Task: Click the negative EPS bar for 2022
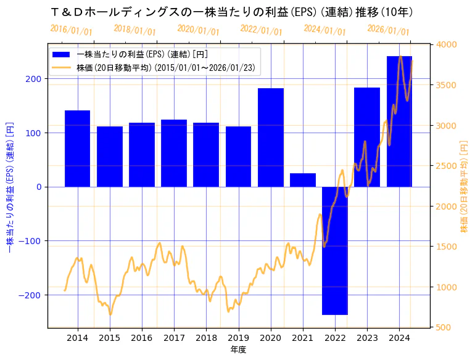point(335,250)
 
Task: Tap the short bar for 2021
point(303,180)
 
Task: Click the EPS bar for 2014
point(78,149)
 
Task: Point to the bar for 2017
point(174,153)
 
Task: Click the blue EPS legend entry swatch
point(62,54)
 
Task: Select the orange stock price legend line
point(62,68)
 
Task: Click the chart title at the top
point(231,12)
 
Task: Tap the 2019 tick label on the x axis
point(238,338)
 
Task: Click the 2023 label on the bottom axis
point(367,338)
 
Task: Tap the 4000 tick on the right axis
point(446,45)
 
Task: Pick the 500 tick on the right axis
point(444,327)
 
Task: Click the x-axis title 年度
point(238,350)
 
